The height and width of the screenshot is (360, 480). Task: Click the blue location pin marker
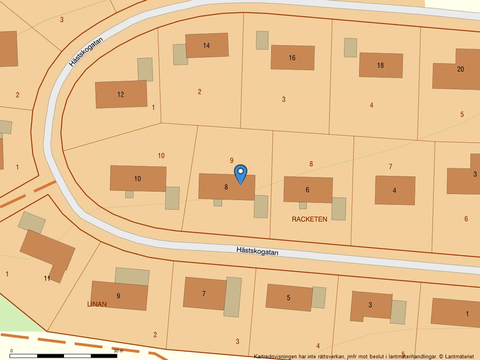click(240, 174)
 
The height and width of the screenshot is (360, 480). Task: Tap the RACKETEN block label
click(310, 219)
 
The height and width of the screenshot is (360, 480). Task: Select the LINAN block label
click(97, 304)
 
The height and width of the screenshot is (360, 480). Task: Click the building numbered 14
click(207, 45)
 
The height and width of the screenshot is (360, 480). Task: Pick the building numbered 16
click(292, 58)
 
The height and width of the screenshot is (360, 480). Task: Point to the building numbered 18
click(381, 65)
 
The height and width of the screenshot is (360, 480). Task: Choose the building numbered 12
click(121, 94)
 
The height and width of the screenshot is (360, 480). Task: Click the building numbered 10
click(138, 179)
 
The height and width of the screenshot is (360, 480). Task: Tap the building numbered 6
click(308, 190)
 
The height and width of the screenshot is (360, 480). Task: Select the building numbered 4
click(394, 190)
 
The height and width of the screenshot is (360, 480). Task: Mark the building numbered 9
click(119, 296)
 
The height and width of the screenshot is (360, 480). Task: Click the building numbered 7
click(204, 293)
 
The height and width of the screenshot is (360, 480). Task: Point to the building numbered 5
click(289, 297)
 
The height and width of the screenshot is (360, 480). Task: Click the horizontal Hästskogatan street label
click(257, 251)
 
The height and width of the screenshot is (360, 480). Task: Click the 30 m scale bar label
click(118, 351)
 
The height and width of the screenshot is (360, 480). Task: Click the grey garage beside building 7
click(233, 297)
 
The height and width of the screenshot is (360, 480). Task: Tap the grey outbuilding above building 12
click(145, 69)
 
